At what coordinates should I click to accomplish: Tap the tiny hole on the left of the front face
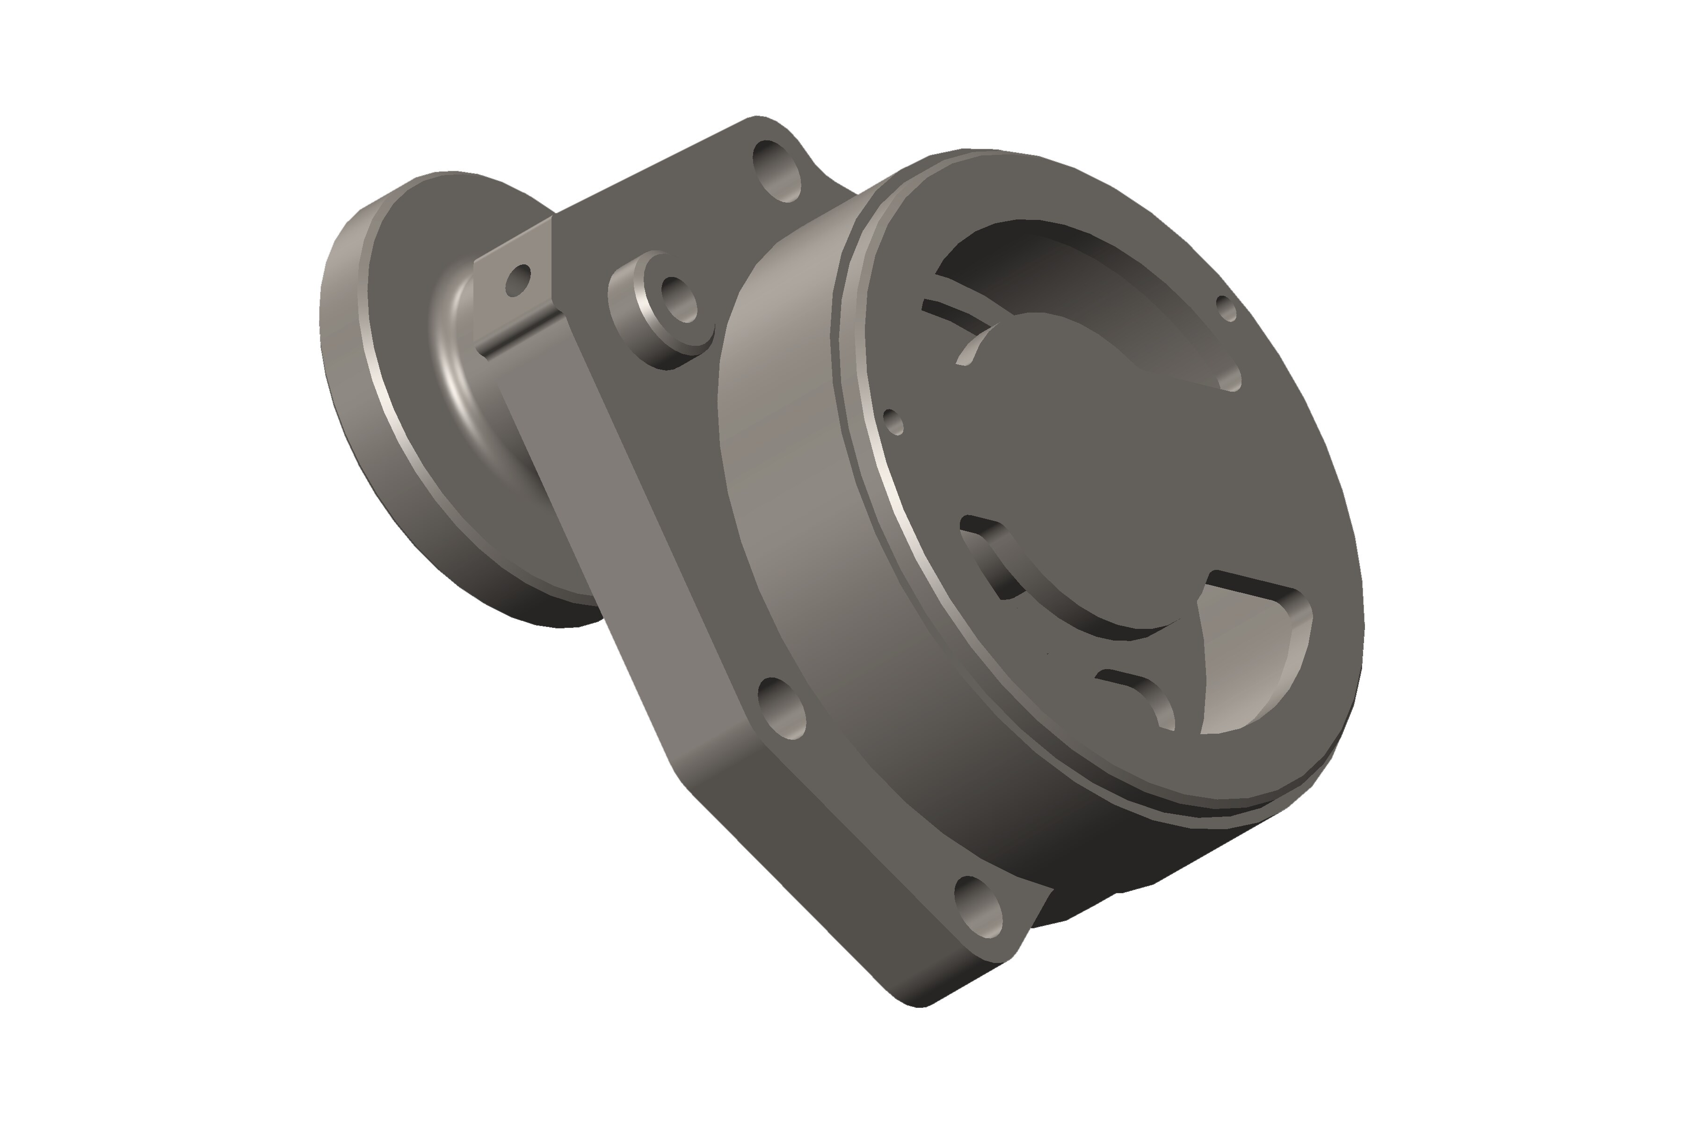[894, 422]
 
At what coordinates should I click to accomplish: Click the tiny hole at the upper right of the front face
[1227, 309]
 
